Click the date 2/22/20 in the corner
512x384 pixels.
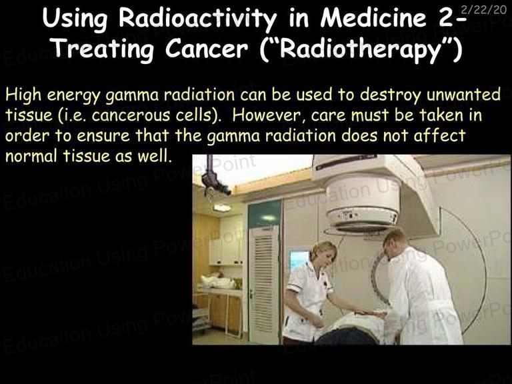pyautogui.click(x=483, y=9)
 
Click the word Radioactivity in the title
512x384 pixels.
pyautogui.click(x=197, y=18)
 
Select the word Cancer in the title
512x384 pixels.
pyautogui.click(x=207, y=49)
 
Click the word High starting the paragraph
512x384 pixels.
pyautogui.click(x=23, y=95)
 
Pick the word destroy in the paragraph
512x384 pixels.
pyautogui.click(x=391, y=95)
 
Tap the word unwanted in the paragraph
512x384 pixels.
pyautogui.click(x=463, y=95)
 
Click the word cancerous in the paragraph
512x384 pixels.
pyautogui.click(x=131, y=115)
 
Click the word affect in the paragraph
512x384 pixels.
pyautogui.click(x=439, y=135)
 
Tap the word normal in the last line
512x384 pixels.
pyautogui.click(x=31, y=156)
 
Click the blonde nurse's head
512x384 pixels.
pyautogui.click(x=323, y=254)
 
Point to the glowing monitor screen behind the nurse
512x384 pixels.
pyautogui.click(x=299, y=260)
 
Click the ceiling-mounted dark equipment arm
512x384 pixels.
pyautogui.click(x=215, y=179)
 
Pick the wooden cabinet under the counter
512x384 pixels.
pyautogui.click(x=225, y=311)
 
